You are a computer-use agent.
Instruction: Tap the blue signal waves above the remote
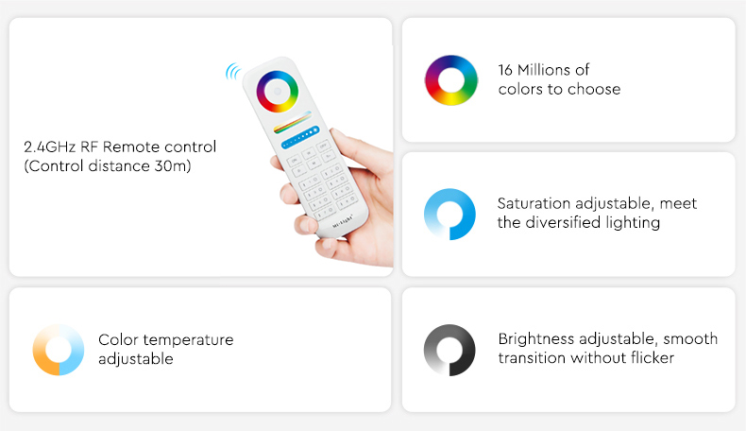point(232,72)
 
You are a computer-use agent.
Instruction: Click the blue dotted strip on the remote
point(300,137)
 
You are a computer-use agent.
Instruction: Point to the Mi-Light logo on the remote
point(343,221)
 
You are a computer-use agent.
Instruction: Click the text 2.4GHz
point(49,147)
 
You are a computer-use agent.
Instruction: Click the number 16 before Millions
point(505,70)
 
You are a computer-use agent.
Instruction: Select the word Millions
point(544,70)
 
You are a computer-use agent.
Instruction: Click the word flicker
point(653,357)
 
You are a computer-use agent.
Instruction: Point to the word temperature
point(189,340)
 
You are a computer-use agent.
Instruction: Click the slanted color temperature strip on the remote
point(292,122)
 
